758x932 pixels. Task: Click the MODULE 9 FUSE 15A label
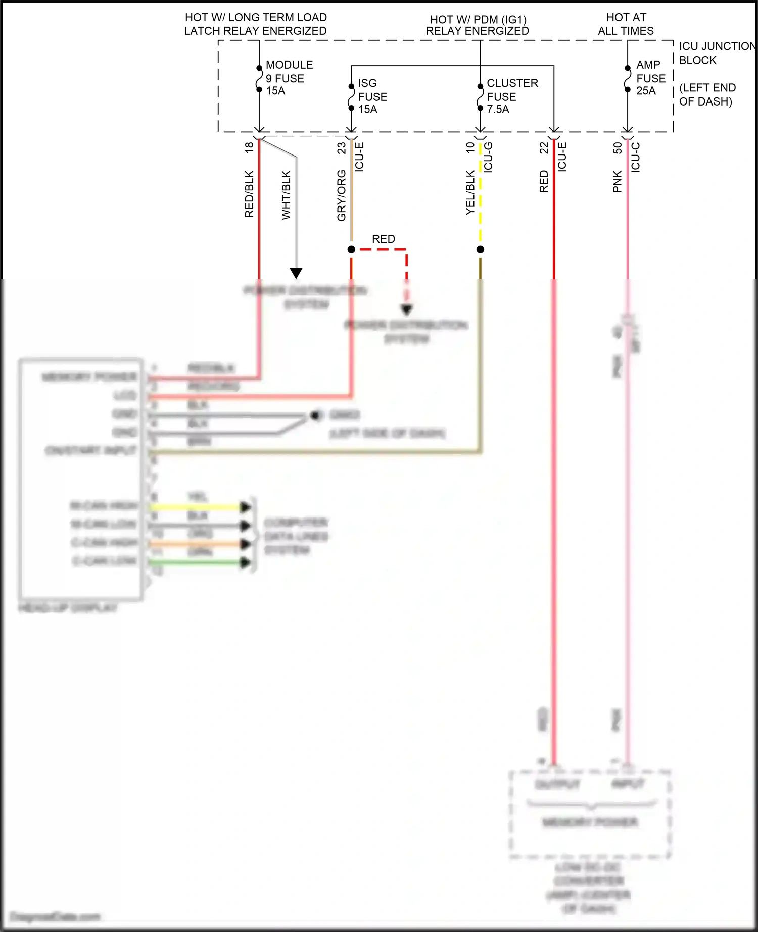pos(289,78)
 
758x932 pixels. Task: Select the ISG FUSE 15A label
pos(372,96)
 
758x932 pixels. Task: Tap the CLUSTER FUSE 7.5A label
pos(511,96)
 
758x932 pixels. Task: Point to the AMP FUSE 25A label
pos(650,78)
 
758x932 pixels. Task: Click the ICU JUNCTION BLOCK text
pos(717,53)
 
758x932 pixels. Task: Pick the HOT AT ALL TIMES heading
pos(626,24)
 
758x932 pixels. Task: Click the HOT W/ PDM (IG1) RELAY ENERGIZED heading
pos(477,25)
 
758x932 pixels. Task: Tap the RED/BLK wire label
pos(249,194)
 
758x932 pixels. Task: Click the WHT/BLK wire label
pos(286,195)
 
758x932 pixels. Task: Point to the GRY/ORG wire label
pos(342,195)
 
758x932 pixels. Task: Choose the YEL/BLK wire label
pos(470,193)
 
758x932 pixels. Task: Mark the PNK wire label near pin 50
pos(617,181)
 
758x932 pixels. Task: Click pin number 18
pos(249,147)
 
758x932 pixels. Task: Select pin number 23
pos(342,147)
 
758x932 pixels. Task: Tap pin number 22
pos(544,147)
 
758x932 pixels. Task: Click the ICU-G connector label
pos(488,157)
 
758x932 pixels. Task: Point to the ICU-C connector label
pos(636,157)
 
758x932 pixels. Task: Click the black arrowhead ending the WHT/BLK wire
pos(296,273)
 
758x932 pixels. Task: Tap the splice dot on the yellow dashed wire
pos(480,249)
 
